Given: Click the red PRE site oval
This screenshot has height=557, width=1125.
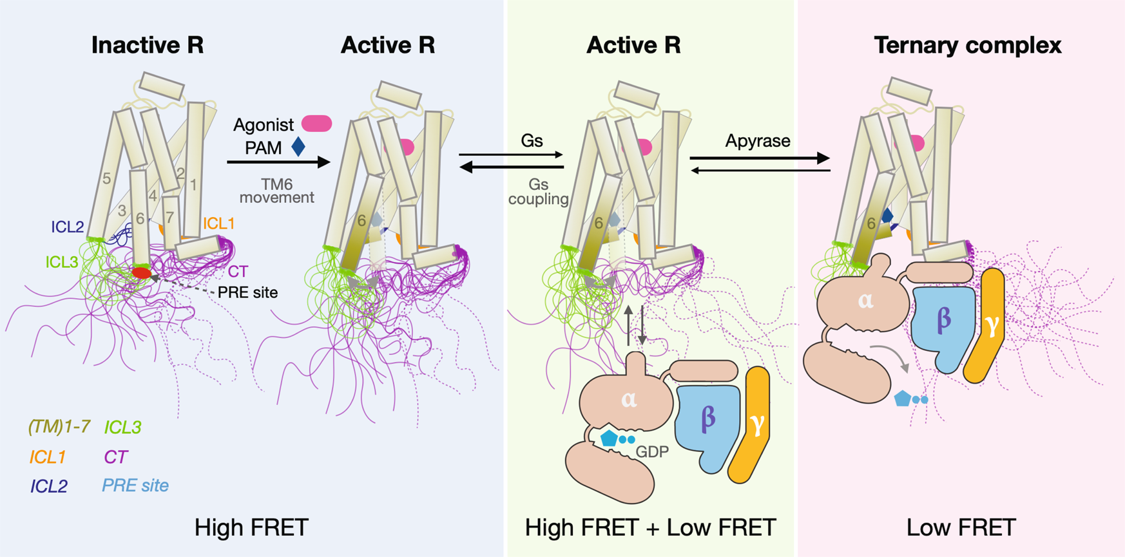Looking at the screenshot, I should point(141,274).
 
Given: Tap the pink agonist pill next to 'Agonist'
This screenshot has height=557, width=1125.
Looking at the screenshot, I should point(316,124).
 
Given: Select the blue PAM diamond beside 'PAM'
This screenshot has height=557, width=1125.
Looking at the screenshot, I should point(298,147).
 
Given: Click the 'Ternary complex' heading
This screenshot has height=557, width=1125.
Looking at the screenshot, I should point(967,45).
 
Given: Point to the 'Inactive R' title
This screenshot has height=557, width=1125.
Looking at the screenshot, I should point(148,45).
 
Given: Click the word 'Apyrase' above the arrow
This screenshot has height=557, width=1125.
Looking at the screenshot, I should point(758,141).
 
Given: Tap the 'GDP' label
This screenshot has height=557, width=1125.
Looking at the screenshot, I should point(651,452).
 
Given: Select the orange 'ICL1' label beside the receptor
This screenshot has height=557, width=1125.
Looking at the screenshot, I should point(218,223).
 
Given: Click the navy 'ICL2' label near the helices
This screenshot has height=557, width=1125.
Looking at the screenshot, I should point(68,227).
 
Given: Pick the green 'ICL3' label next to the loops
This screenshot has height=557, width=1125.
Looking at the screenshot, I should point(62,262).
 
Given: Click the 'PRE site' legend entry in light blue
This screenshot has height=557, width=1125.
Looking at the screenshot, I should point(135,486).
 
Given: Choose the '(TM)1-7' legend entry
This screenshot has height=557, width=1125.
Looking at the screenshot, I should point(59,426).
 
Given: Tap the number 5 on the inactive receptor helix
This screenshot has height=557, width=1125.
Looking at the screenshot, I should point(107,179).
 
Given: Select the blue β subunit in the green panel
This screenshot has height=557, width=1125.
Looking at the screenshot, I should point(707,422).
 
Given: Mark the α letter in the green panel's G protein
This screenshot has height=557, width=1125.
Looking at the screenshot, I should point(629,399).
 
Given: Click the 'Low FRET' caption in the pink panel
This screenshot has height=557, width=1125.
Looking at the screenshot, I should point(961,527).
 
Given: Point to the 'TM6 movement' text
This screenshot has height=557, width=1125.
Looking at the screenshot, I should point(276,191).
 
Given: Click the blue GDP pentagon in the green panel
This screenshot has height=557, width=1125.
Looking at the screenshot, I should point(609,439).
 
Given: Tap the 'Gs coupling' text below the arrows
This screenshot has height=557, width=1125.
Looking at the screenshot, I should point(538,192).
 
